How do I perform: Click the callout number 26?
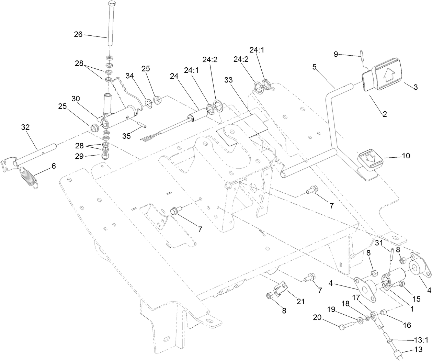tap(78, 34)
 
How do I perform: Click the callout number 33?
tap(228, 80)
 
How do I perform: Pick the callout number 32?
tap(25, 127)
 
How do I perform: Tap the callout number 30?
tap(76, 98)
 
